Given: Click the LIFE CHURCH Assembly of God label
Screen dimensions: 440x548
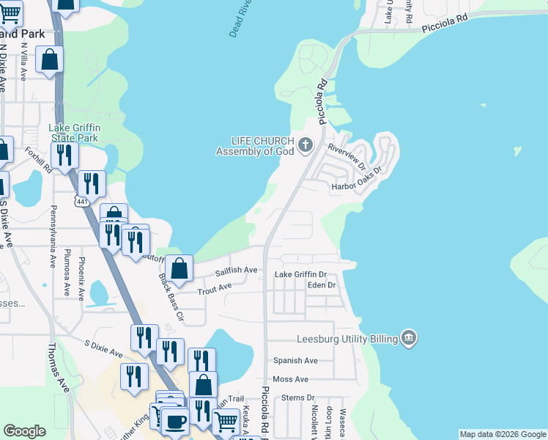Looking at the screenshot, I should click(x=254, y=146).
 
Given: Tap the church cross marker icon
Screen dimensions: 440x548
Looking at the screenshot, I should click(x=306, y=146).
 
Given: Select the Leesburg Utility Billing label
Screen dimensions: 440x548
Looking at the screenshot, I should click(x=347, y=339).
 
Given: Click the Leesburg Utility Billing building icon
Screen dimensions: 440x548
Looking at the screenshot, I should click(x=410, y=338).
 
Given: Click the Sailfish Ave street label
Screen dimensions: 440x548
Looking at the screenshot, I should click(x=236, y=271).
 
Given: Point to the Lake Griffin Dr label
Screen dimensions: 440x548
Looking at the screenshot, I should click(x=300, y=274).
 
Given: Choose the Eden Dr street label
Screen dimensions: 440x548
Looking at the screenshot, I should click(x=322, y=285).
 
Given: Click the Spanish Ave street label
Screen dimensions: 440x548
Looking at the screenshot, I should click(x=295, y=360).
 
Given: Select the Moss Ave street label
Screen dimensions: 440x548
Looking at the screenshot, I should click(x=290, y=379).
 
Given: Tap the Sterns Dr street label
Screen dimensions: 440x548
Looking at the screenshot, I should click(x=298, y=397).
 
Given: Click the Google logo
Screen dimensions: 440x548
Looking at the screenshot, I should click(x=25, y=430).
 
